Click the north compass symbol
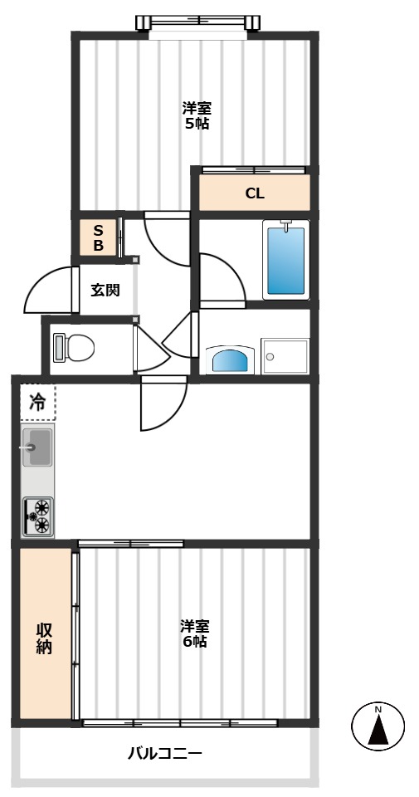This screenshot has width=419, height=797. (378, 726)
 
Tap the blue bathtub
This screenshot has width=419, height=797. (286, 260)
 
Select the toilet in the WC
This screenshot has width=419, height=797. (74, 348)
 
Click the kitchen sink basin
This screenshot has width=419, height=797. (37, 447)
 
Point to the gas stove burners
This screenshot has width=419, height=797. (38, 516)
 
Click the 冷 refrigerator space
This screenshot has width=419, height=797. (37, 402)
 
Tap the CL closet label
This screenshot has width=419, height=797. (255, 193)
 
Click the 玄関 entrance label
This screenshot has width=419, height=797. (105, 291)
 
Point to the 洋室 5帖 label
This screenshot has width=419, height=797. (197, 115)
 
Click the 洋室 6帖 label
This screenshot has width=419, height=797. (195, 633)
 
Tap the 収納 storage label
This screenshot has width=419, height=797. (44, 638)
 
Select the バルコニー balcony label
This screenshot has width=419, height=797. (164, 753)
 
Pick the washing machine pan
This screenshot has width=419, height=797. (285, 356)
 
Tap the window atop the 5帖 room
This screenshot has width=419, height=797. (198, 22)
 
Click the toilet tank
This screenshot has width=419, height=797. (59, 348)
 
